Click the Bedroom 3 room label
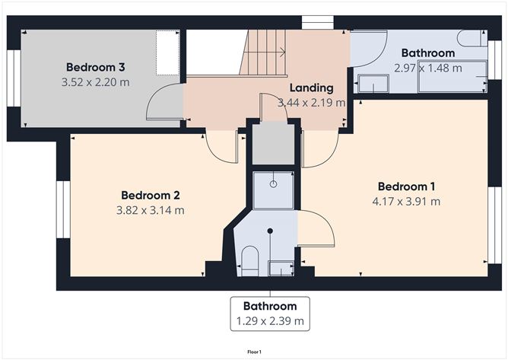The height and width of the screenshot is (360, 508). coord(95,67)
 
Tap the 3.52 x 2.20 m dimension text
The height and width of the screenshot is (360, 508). coord(95,82)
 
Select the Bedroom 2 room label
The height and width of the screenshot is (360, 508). coord(151,196)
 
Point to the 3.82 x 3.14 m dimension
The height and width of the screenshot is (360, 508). coord(151,210)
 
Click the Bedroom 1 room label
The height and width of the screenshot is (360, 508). coord(406,186)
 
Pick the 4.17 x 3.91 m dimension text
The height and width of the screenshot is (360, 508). coord(406,202)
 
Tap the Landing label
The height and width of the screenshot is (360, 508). coord(311,88)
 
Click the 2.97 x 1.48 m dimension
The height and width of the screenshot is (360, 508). coord(428,68)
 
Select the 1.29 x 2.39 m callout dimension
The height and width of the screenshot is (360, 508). coord(270,321)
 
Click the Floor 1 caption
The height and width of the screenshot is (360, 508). coord(254,352)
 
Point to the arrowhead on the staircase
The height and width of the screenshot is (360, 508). coord(283,52)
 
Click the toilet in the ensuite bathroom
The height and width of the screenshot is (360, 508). coord(250,261)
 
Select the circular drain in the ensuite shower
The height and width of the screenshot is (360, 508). coord(274,184)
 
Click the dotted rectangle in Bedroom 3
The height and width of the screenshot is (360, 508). coord(168,53)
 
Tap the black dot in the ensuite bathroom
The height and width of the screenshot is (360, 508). coord(270,231)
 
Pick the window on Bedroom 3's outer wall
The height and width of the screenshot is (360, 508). coord(14,78)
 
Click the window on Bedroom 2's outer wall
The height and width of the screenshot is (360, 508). coord(64,209)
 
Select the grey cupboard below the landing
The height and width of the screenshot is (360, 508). coord(274,144)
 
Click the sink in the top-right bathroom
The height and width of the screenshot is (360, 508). coord(373,84)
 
